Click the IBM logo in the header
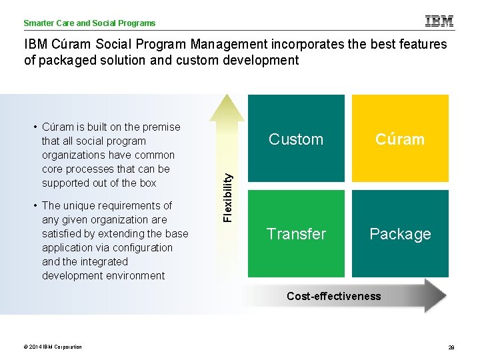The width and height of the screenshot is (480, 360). click(439, 21)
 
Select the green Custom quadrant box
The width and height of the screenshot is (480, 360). click(296, 139)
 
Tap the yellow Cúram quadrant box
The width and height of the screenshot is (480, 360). click(400, 139)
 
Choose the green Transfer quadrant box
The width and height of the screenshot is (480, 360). click(296, 233)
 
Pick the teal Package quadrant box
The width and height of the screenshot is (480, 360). click(400, 233)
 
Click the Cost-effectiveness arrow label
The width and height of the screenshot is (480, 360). click(333, 296)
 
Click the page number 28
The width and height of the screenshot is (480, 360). click(451, 347)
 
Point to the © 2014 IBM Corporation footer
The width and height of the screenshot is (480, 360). click(53, 347)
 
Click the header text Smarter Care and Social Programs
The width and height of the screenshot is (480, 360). click(89, 23)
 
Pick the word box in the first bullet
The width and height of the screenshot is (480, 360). click(147, 183)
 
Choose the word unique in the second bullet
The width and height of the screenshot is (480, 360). click(82, 205)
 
